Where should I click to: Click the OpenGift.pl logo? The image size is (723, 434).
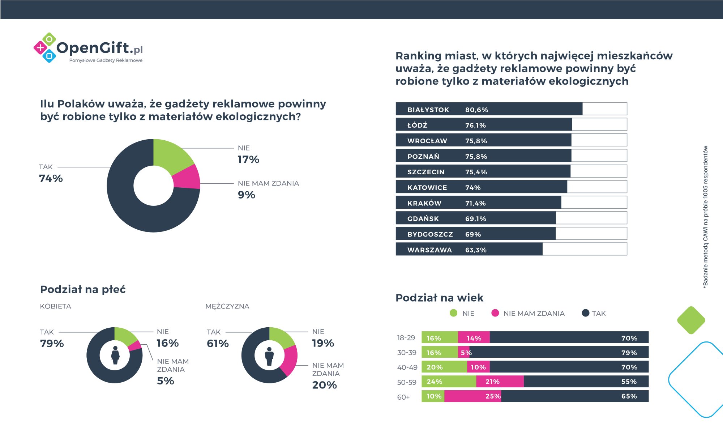[x=89, y=49]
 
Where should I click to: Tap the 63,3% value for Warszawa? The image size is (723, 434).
[x=476, y=250]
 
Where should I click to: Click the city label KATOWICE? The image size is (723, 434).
[x=427, y=188]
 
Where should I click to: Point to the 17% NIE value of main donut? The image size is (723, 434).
[x=248, y=159]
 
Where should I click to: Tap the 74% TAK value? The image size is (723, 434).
[x=51, y=178]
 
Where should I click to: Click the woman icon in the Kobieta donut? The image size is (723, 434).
[x=115, y=355]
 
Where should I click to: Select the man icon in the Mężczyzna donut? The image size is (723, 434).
[x=269, y=356]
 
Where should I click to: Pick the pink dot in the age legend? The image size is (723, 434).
[x=495, y=313]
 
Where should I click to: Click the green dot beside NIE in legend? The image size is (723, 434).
[x=453, y=313]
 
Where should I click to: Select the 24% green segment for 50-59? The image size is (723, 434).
[x=449, y=382]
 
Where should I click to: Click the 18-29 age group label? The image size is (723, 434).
[x=406, y=338]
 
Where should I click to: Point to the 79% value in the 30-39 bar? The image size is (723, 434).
[x=629, y=353]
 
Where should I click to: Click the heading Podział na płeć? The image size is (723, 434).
[x=83, y=289]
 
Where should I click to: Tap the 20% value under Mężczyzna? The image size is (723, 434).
[x=324, y=385]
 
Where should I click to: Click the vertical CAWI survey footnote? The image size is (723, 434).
[x=705, y=217]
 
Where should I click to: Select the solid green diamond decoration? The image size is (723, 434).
[x=691, y=320]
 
